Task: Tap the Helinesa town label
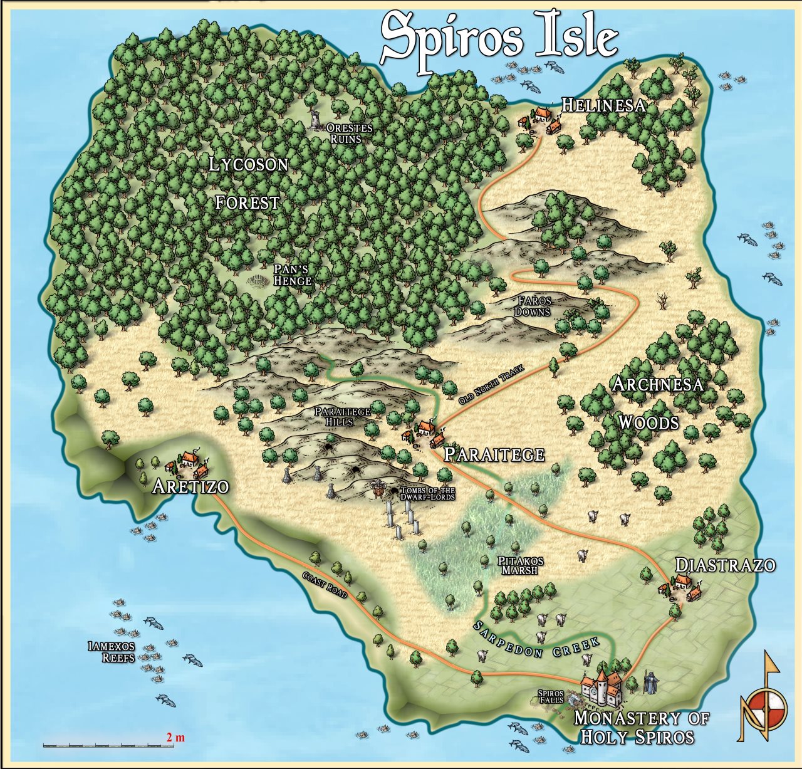603,105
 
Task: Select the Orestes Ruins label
349,133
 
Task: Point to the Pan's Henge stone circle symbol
258,281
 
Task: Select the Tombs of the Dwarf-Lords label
427,494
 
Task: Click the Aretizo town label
190,486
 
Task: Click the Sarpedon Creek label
536,639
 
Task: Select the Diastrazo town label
725,565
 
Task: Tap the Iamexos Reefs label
112,651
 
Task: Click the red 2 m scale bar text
175,737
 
